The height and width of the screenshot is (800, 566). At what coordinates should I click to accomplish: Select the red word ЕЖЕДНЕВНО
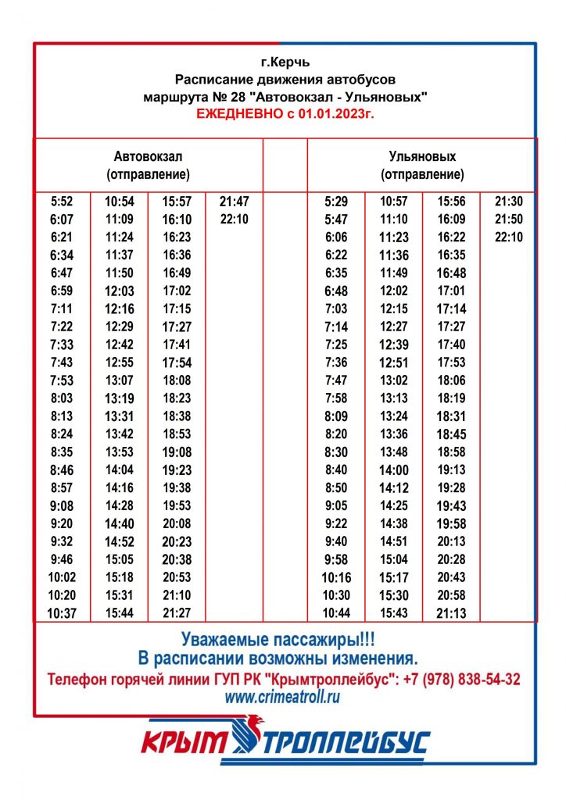(x=242, y=114)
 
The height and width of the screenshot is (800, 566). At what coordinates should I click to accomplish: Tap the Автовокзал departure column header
(x=148, y=165)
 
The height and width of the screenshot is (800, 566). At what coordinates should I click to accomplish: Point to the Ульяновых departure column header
(x=422, y=165)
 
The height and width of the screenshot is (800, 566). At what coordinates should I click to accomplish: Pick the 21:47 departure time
(x=234, y=202)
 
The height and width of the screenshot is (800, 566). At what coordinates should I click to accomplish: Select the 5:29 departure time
(x=335, y=202)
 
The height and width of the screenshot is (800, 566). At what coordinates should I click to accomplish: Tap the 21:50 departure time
(x=509, y=220)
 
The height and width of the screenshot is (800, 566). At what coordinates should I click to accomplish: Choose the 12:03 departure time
(x=120, y=291)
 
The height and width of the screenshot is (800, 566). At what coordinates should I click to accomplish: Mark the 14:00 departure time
(x=394, y=470)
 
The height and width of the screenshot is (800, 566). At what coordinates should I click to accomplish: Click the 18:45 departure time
(x=451, y=434)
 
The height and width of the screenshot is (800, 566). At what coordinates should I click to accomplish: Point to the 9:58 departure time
(x=335, y=560)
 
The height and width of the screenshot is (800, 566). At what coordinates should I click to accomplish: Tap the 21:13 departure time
(x=451, y=614)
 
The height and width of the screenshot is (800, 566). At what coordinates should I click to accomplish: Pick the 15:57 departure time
(x=177, y=202)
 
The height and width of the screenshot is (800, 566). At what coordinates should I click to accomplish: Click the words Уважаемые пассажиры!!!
(x=283, y=637)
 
